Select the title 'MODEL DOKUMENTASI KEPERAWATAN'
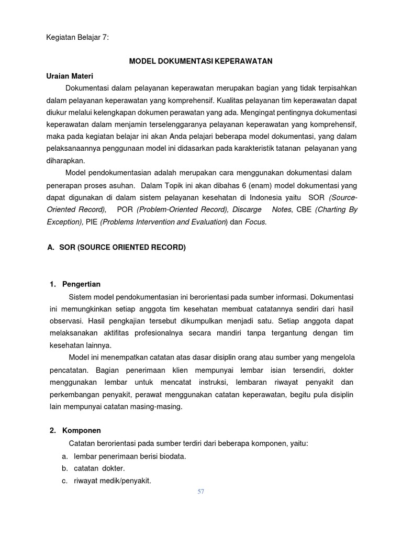coord(201,61)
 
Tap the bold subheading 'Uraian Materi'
coord(70,76)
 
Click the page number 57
coord(201,492)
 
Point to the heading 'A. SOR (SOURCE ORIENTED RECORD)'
coord(116,247)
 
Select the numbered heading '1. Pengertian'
coord(75,284)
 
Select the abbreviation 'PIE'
coord(92,221)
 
